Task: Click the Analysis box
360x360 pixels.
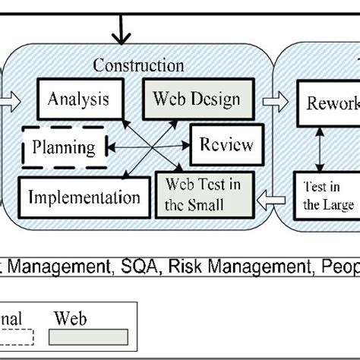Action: click(x=78, y=99)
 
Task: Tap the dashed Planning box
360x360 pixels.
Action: click(x=64, y=147)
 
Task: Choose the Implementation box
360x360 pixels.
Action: click(x=83, y=198)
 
